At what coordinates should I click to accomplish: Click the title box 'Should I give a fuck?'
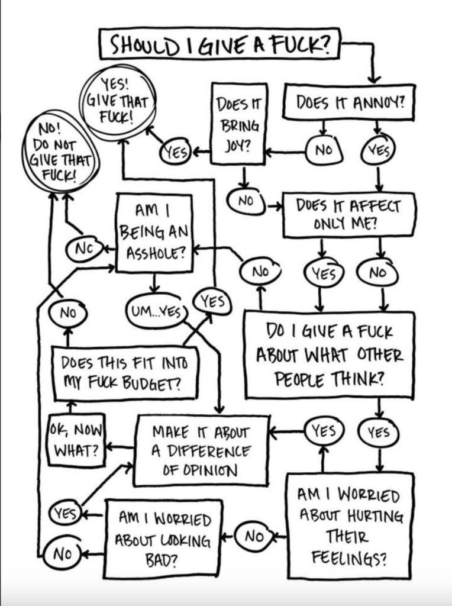[219, 44]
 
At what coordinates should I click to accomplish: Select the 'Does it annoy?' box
[349, 102]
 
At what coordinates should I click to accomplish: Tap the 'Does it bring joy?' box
[239, 124]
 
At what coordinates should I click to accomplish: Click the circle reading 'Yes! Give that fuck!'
[118, 102]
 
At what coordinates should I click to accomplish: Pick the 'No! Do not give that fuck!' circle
[62, 151]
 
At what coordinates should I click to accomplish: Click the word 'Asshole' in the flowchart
[156, 253]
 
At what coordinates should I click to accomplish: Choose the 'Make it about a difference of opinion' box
[202, 450]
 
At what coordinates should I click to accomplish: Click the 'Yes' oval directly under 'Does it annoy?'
[378, 150]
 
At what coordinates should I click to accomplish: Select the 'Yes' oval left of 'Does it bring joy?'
[176, 152]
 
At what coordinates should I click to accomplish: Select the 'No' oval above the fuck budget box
[68, 312]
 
